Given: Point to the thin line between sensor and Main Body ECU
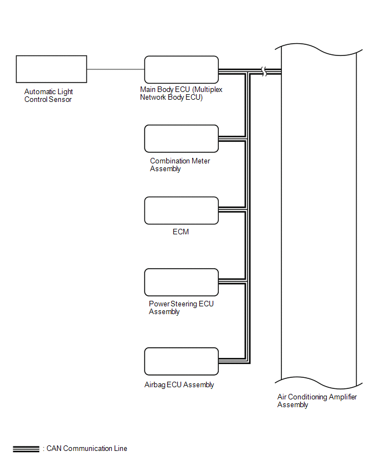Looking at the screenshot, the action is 116,69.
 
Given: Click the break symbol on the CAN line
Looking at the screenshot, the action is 264,71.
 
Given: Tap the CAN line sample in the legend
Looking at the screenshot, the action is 26,449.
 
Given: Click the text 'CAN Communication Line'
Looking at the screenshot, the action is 87,449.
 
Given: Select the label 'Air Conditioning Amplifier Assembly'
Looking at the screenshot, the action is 317,401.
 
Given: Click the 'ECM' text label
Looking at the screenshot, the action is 181,232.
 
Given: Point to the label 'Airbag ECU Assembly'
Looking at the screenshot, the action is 179,384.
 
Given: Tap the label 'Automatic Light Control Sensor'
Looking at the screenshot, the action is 48,95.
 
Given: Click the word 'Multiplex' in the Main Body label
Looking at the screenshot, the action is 207,89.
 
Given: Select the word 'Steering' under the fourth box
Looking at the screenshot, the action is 184,304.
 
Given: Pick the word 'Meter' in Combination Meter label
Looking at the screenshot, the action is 200,161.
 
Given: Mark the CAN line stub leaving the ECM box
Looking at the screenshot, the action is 232,209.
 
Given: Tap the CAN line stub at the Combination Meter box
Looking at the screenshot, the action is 232,138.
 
